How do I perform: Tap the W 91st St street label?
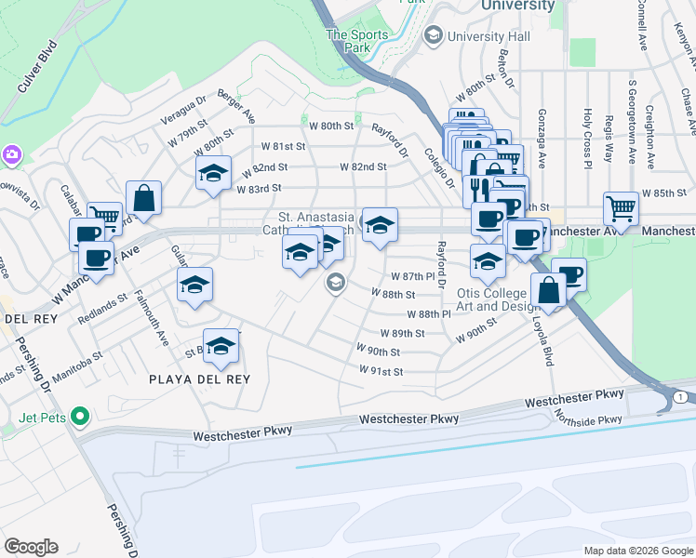[381, 371]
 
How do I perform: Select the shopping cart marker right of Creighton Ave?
[621, 208]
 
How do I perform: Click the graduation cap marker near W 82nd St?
[213, 173]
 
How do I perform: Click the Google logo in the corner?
[31, 547]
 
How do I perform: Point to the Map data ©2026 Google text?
[637, 551]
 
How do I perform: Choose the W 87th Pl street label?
[412, 276]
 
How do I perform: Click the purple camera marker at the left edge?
[11, 153]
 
